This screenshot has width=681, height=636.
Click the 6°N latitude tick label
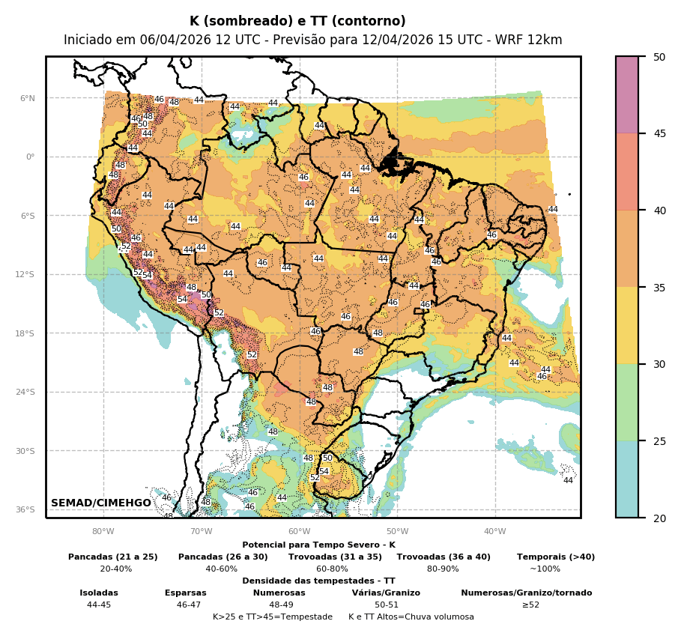coord(27,98)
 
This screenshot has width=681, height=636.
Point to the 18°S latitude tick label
coord(25,333)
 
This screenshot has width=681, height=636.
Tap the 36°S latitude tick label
coord(25,509)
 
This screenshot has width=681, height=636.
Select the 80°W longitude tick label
coord(103,532)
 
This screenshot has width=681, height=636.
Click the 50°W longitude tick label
coord(397,532)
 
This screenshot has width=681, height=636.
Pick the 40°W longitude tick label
coord(494,532)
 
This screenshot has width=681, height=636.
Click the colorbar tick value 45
coord(659,133)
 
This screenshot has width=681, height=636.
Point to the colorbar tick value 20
coord(659,518)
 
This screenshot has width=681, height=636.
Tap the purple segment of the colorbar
coord(627,94)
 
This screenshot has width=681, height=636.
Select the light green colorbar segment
coord(627,402)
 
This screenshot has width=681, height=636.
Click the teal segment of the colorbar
coord(627,479)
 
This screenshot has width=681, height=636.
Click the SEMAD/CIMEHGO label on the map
coord(101,503)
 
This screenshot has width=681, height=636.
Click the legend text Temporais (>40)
coord(556,557)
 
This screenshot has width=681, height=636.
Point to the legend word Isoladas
coord(99,593)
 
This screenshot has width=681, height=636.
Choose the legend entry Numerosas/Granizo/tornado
coord(526,593)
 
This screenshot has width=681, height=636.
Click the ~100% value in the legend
coord(545,569)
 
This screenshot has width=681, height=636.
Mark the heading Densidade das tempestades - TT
coord(318,581)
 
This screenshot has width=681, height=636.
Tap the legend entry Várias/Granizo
coord(386,593)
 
